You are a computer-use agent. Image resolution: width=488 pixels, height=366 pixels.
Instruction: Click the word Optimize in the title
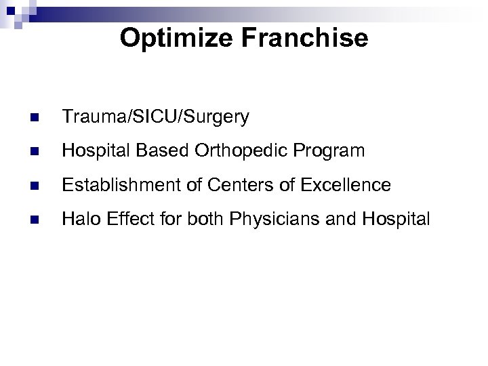coord(174,38)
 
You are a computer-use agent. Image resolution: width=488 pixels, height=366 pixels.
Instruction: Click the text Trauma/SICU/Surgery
coord(155,118)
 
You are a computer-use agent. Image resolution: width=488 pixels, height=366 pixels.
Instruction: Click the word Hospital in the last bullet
coord(396,218)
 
